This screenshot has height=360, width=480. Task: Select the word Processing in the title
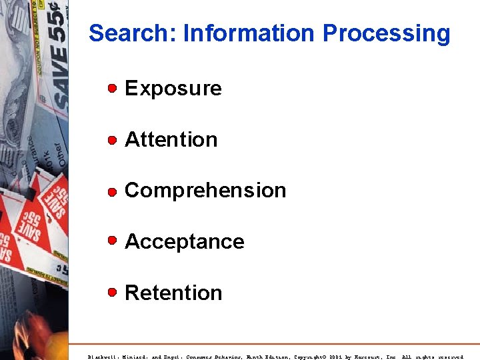click(x=386, y=33)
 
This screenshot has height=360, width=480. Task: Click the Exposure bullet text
click(x=173, y=89)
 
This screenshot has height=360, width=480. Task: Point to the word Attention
click(x=171, y=139)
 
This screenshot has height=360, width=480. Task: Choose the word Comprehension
click(x=205, y=191)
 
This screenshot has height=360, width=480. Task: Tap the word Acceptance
click(x=185, y=241)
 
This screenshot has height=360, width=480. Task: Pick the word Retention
click(x=173, y=293)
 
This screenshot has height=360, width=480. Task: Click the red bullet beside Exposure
click(x=113, y=88)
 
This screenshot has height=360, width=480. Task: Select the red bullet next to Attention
click(x=113, y=139)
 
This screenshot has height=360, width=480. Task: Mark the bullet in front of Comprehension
click(x=113, y=191)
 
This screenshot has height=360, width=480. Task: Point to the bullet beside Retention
click(x=113, y=292)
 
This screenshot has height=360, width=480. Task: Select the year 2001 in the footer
click(x=337, y=357)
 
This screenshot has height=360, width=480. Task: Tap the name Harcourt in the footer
click(x=370, y=357)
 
